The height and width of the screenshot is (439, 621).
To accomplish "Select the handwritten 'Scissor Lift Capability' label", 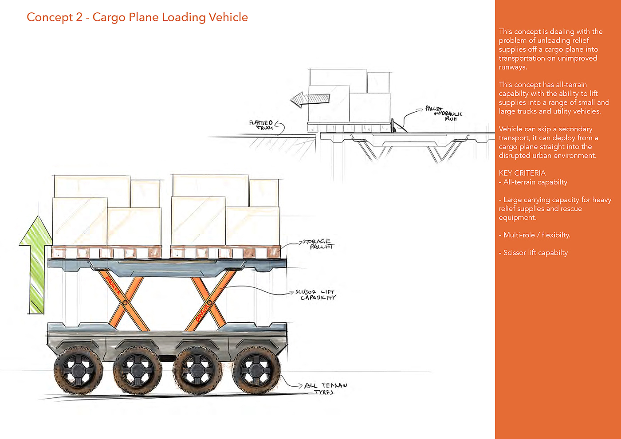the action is pyautogui.click(x=316, y=295).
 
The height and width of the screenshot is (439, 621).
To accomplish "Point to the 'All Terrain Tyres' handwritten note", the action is pyautogui.click(x=325, y=388).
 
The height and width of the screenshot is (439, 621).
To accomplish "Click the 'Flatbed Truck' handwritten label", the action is pyautogui.click(x=262, y=125).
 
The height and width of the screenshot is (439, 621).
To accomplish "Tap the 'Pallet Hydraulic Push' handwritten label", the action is pyautogui.click(x=444, y=114).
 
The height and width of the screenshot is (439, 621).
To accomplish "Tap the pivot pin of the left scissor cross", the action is pyautogui.click(x=125, y=302).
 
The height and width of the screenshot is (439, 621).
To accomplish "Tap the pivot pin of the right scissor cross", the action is pyautogui.click(x=209, y=303).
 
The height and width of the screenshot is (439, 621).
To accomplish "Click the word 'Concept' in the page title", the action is pyautogui.click(x=50, y=17).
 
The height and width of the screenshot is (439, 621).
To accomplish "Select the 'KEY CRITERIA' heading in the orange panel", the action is pyautogui.click(x=522, y=173).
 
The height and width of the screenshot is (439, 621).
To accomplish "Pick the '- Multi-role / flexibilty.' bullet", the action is pyautogui.click(x=535, y=235).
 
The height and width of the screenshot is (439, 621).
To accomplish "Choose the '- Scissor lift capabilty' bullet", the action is pyautogui.click(x=533, y=253).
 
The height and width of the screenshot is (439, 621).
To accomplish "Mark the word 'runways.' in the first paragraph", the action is pyautogui.click(x=513, y=67).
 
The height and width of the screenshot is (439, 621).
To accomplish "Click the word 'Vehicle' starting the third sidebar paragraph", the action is pyautogui.click(x=511, y=129).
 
